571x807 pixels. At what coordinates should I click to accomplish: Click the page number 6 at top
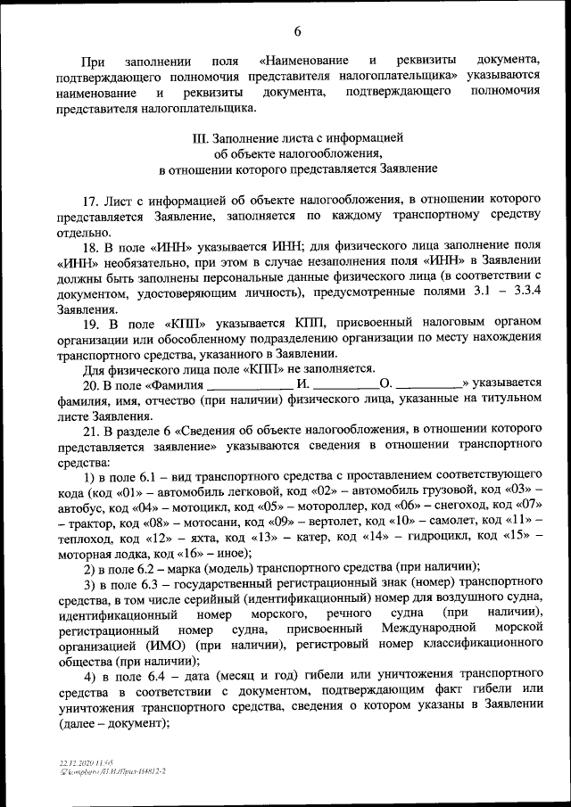(x=297, y=32)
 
